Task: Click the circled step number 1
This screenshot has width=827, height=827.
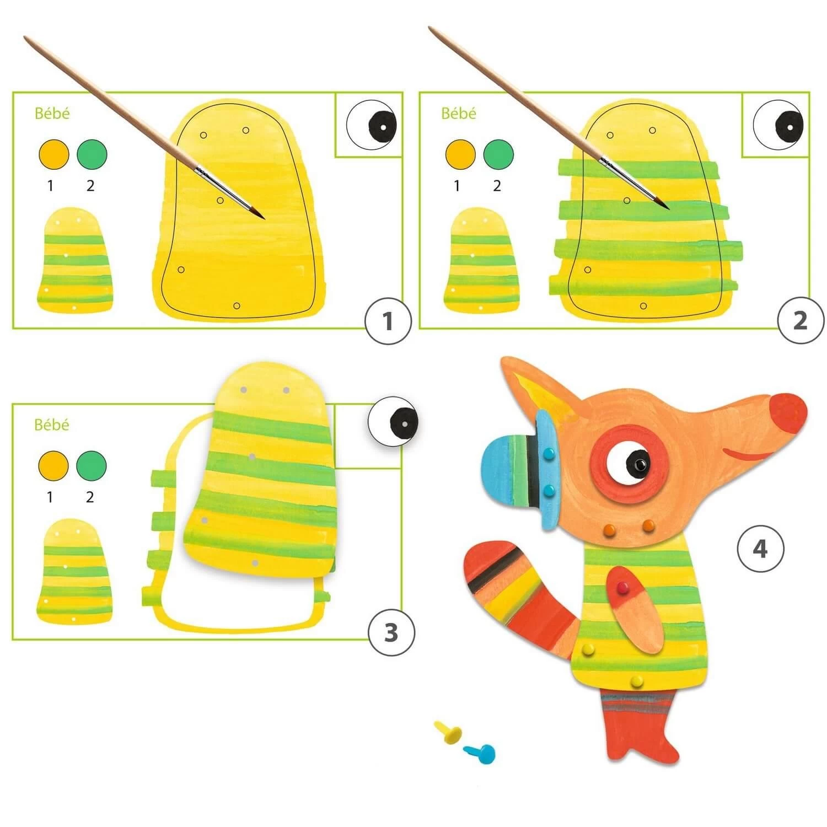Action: point(388,321)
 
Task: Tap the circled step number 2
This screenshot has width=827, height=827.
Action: point(800,321)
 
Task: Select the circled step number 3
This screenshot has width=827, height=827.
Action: point(390,632)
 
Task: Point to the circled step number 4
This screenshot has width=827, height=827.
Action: point(760,548)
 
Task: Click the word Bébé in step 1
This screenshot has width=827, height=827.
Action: point(52,113)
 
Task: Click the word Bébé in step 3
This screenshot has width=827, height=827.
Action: point(52,425)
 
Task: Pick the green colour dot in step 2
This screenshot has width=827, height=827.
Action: point(498,154)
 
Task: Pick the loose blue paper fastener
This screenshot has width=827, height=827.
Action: point(480,751)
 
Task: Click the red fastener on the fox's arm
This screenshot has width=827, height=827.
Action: point(623,585)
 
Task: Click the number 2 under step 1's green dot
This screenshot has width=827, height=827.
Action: point(90,186)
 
